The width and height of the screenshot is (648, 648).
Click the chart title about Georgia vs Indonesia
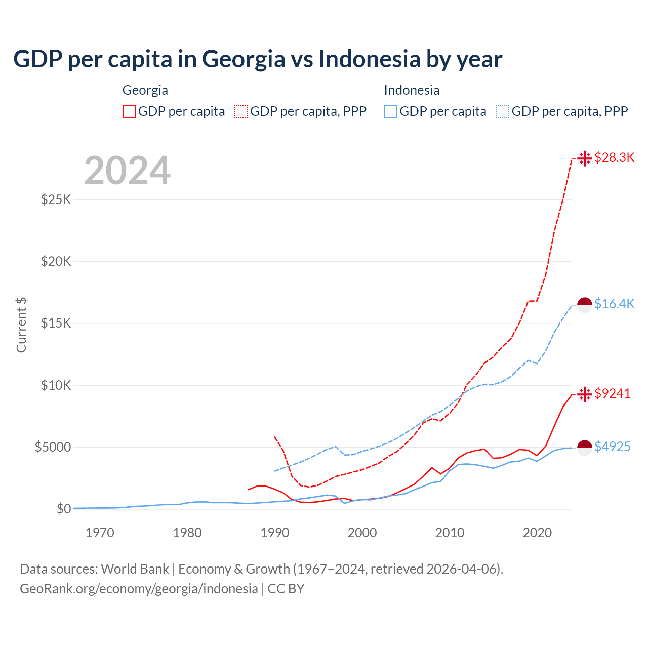click(258, 59)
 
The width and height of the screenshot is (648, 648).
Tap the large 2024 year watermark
click(127, 171)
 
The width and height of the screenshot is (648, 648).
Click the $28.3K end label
click(614, 157)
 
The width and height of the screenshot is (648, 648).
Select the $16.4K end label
click(614, 304)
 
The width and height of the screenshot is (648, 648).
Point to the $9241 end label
click(612, 393)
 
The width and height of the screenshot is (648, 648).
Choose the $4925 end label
click(612, 447)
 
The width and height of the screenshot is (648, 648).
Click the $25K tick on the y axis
click(56, 199)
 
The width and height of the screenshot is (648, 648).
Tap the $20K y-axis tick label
click(56, 261)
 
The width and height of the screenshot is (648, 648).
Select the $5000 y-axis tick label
click(53, 447)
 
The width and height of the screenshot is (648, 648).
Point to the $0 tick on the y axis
click(63, 509)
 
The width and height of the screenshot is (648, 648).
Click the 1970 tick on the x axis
click(100, 533)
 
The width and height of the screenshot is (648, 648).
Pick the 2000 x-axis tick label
click(362, 533)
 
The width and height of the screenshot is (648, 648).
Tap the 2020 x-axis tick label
click(537, 533)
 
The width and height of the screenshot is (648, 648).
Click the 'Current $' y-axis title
click(21, 325)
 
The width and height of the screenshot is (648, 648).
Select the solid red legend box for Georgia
click(129, 111)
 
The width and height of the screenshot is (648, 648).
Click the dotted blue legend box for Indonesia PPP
click(503, 111)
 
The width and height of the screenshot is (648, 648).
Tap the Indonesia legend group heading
click(412, 90)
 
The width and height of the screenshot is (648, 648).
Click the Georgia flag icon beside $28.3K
click(585, 158)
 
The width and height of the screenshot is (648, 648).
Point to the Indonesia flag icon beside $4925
click(585, 448)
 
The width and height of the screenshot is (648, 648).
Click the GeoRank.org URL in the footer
click(139, 589)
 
